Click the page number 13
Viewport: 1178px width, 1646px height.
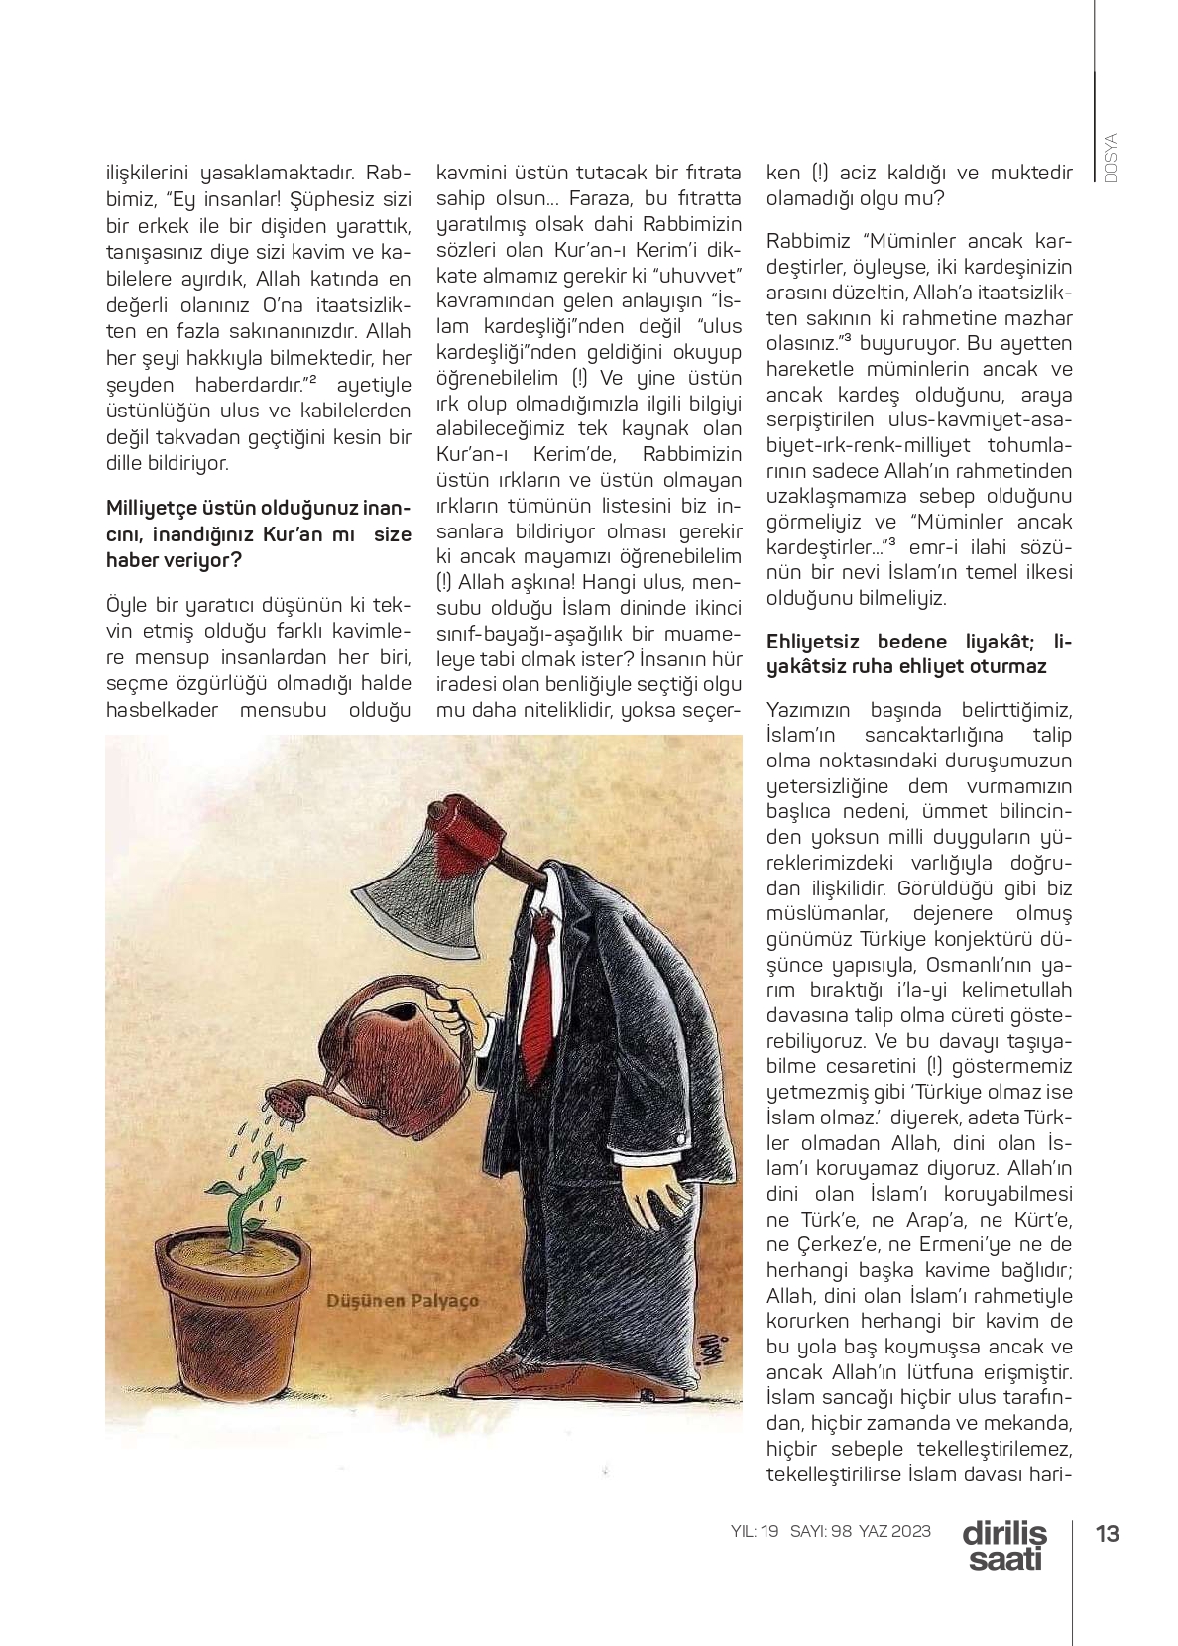[x=1107, y=1533]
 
